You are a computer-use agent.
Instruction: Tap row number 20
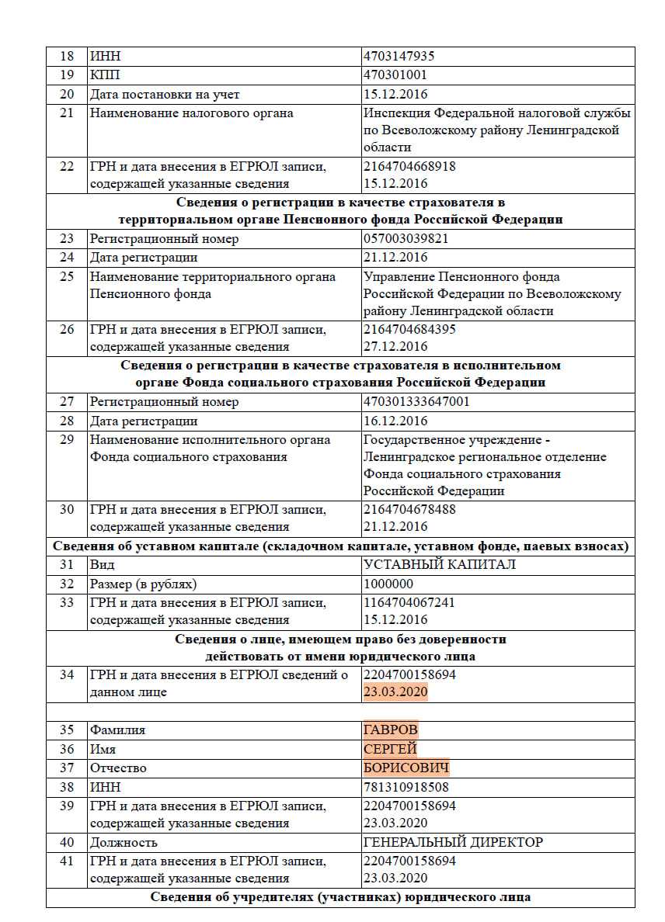point(67,94)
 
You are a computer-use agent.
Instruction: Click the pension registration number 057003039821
point(406,239)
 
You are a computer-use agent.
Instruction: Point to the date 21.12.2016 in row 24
point(395,258)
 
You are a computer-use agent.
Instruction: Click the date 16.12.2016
point(395,421)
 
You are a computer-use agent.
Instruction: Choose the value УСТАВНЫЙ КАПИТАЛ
point(440,564)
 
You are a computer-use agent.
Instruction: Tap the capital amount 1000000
point(388,584)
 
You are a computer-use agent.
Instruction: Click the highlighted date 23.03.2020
point(395,691)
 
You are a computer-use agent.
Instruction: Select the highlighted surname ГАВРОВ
point(390,730)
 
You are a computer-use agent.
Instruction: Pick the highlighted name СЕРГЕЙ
point(390,749)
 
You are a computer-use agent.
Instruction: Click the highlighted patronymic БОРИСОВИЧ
point(406,768)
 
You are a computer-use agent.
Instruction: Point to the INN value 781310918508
point(406,787)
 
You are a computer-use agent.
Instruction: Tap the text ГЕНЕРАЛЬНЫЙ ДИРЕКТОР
point(453,842)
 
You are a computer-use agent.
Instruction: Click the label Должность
point(124,842)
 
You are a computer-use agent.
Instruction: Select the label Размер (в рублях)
point(143,584)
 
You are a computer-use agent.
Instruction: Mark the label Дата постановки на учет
point(165,94)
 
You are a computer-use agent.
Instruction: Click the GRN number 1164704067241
point(409,602)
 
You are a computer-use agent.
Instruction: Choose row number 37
point(67,768)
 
